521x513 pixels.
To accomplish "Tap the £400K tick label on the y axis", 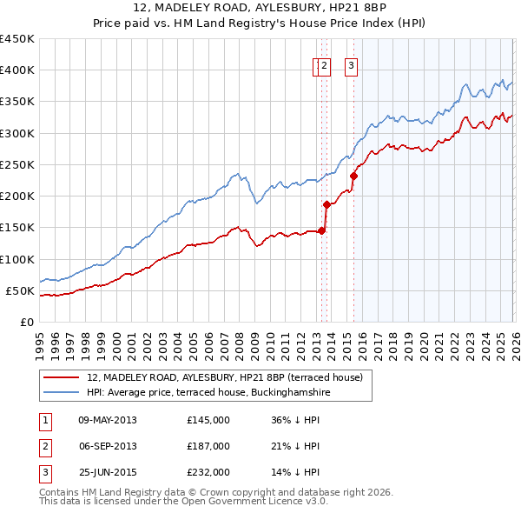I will pos(16,70).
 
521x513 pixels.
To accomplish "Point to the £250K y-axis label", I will pos(16,164).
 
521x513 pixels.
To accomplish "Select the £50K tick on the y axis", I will pos(20,290).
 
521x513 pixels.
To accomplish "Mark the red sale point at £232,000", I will pos(354,176).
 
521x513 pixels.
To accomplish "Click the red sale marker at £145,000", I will pos(321,230).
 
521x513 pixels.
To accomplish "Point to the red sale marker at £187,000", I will pos(326,204).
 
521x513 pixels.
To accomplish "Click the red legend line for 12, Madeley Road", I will pos(62,377).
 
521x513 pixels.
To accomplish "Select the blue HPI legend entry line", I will pos(62,392).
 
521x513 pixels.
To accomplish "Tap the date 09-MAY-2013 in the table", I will pos(108,420).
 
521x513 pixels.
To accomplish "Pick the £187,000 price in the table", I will pos(208,446).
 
